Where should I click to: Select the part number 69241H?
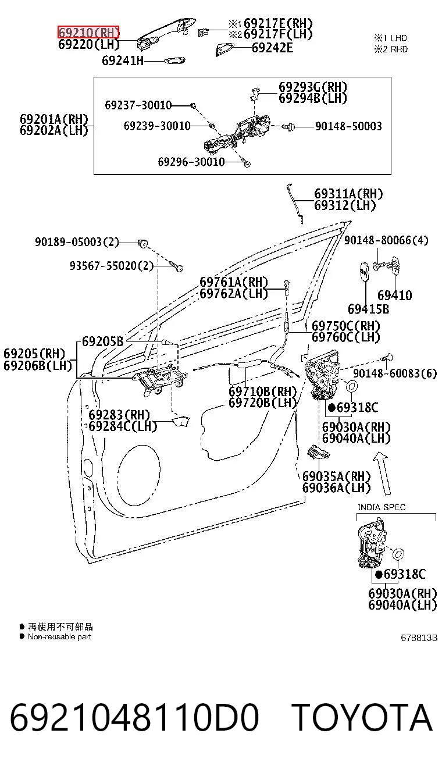[123, 60]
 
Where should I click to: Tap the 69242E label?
[272, 48]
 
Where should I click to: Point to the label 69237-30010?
[138, 105]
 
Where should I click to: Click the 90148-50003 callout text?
[348, 126]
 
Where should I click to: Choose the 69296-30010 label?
[191, 162]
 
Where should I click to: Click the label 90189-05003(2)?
[77, 241]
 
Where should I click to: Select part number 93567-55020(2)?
[112, 266]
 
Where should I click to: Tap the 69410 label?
[394, 295]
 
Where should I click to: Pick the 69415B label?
[368, 309]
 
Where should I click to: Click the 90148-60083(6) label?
[395, 373]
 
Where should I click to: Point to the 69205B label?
[102, 341]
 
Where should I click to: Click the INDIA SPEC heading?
[382, 507]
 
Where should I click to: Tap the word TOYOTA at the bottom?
[362, 717]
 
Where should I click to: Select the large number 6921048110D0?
[134, 717]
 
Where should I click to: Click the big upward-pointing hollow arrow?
[383, 474]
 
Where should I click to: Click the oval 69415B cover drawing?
[363, 272]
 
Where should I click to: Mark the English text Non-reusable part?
[59, 636]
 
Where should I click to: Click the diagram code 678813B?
[419, 638]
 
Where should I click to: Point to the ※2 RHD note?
[391, 49]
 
